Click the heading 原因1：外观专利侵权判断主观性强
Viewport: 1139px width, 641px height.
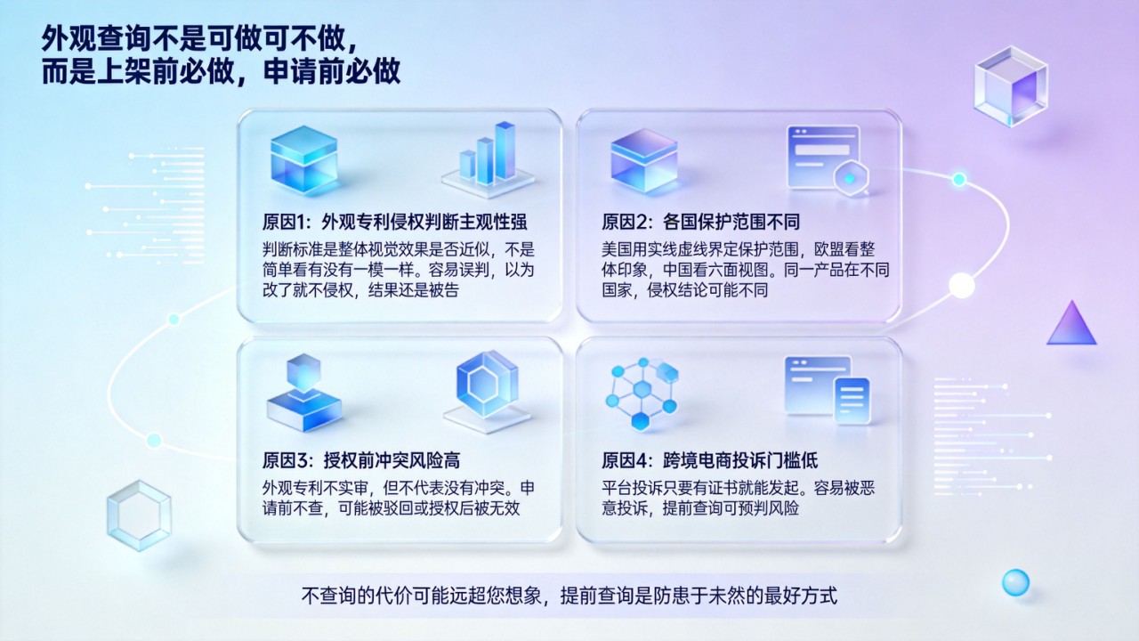coord(394,222)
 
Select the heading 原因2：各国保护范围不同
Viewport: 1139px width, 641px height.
coord(700,222)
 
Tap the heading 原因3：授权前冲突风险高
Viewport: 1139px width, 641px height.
coord(361,460)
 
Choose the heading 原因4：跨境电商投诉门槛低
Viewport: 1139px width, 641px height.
coord(709,460)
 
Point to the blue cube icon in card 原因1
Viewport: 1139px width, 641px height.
coord(304,160)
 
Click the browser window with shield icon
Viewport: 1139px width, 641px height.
coord(828,160)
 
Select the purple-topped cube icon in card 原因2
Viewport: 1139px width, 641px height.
coord(644,160)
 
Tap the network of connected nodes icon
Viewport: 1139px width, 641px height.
coord(642,393)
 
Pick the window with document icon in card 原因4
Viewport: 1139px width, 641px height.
coord(828,390)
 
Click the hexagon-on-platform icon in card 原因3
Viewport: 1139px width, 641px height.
coord(487,391)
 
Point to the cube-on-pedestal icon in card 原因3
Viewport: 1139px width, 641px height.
coord(304,393)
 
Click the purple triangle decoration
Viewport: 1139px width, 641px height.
coord(1072,323)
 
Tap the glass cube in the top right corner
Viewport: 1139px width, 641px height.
coord(1011,85)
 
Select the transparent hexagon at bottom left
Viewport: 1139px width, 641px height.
coord(139,515)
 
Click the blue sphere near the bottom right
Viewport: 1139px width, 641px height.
coord(1015,582)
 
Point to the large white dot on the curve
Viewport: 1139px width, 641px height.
coord(962,286)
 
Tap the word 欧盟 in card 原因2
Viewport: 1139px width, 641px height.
coord(828,249)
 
